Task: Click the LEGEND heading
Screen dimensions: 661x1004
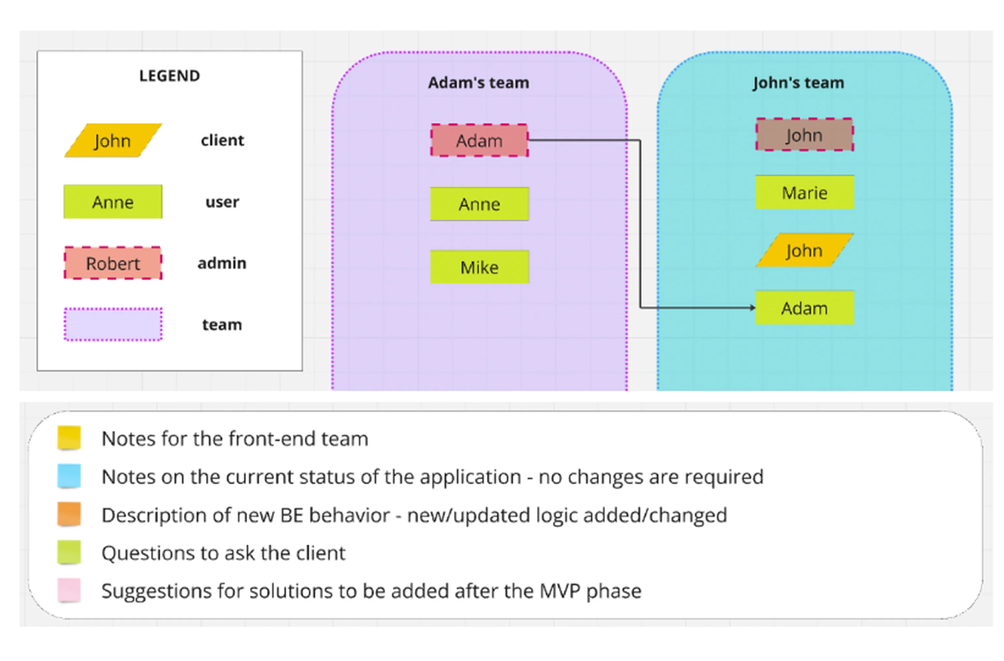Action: pyautogui.click(x=170, y=76)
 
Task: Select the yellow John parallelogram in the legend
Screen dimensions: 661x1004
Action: pyautogui.click(x=113, y=141)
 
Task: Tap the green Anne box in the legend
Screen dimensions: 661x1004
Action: pyautogui.click(x=113, y=202)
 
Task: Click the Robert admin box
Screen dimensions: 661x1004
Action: pyautogui.click(x=113, y=263)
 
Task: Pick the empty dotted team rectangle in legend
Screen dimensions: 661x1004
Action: pyautogui.click(x=113, y=324)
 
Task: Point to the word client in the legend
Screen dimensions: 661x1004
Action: pyautogui.click(x=222, y=141)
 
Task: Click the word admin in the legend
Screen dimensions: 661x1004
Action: pyautogui.click(x=222, y=263)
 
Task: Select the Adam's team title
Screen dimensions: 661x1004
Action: pyautogui.click(x=478, y=83)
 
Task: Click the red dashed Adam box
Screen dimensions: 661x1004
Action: pyautogui.click(x=479, y=141)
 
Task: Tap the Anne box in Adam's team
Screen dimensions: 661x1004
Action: pyautogui.click(x=479, y=204)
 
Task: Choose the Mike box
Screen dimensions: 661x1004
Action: pyautogui.click(x=479, y=267)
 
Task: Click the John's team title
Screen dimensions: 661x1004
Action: pyautogui.click(x=798, y=83)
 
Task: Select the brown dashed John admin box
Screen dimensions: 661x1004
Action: pyautogui.click(x=804, y=135)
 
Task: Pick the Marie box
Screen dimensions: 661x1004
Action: pyautogui.click(x=804, y=193)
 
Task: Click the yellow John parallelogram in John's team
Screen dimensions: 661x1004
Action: pyautogui.click(x=804, y=250)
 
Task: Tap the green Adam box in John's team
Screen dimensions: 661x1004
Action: pyautogui.click(x=804, y=308)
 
